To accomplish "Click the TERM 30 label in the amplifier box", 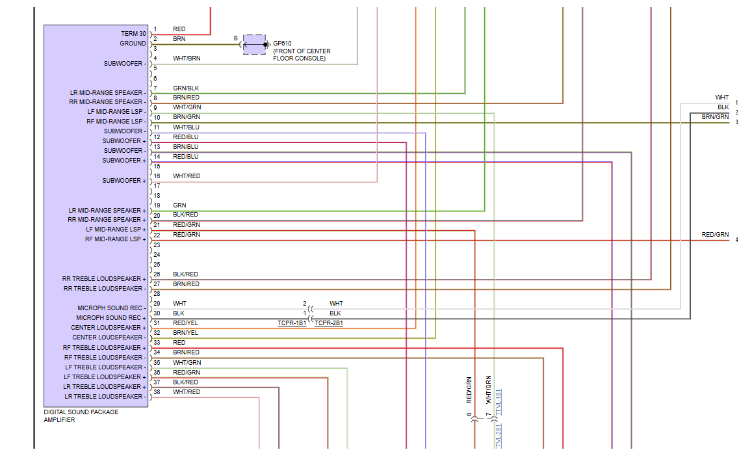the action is coord(133,34).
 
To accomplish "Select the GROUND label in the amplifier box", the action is coord(133,44).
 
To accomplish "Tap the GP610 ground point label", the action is coord(282,44).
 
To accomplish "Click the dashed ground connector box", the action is coord(255,44).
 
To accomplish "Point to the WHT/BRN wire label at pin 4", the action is coord(187,59).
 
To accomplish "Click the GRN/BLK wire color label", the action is coord(186,88).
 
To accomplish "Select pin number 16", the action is coord(157,176).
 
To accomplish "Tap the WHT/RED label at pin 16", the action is coord(187,176).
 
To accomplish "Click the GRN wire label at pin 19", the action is coord(179,205).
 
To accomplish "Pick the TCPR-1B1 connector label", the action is coord(292,323).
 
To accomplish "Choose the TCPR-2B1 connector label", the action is coord(329,323).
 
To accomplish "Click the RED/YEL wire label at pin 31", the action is coord(186,323).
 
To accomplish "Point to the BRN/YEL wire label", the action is coord(186,333).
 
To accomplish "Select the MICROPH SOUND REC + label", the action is coord(111,318).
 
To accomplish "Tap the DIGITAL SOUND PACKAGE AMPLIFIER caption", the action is coord(81,416).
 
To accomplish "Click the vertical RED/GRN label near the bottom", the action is coord(469,390).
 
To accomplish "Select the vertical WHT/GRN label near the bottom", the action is coord(488,390).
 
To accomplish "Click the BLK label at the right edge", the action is coord(723,107).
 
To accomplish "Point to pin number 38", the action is coord(157,392).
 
